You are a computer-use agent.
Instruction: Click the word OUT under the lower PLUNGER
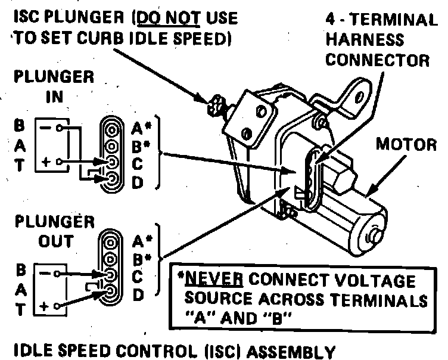pos(57,241)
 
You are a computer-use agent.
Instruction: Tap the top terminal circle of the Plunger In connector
pos(111,128)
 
